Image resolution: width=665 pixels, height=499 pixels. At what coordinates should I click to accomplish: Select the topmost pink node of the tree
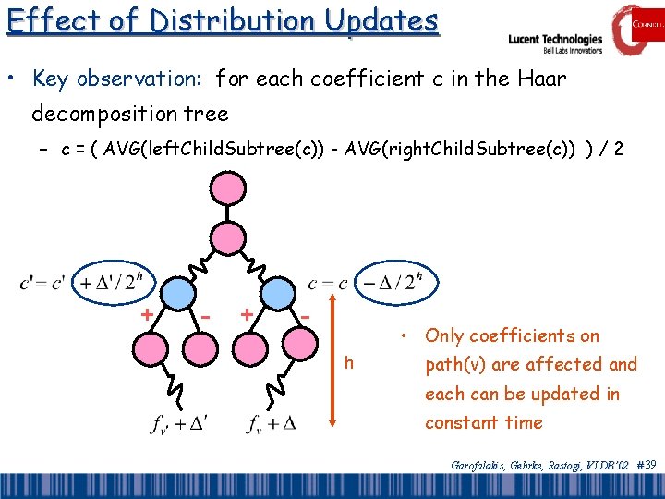226,189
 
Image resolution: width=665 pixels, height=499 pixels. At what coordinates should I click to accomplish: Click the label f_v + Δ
272,423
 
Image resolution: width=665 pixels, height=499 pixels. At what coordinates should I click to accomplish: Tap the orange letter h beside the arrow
348,362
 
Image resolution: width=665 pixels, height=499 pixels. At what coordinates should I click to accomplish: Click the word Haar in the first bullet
544,79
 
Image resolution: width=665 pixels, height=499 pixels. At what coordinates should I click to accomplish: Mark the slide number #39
647,465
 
